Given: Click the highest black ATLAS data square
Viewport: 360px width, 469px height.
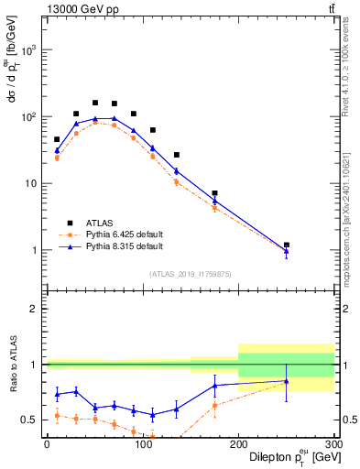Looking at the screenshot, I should (95, 103).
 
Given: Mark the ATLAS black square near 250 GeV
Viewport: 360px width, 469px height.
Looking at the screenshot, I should (287, 245).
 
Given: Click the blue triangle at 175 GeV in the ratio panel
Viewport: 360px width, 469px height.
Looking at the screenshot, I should (214, 386).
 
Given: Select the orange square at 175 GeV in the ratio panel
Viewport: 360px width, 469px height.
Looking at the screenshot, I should (214, 406).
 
